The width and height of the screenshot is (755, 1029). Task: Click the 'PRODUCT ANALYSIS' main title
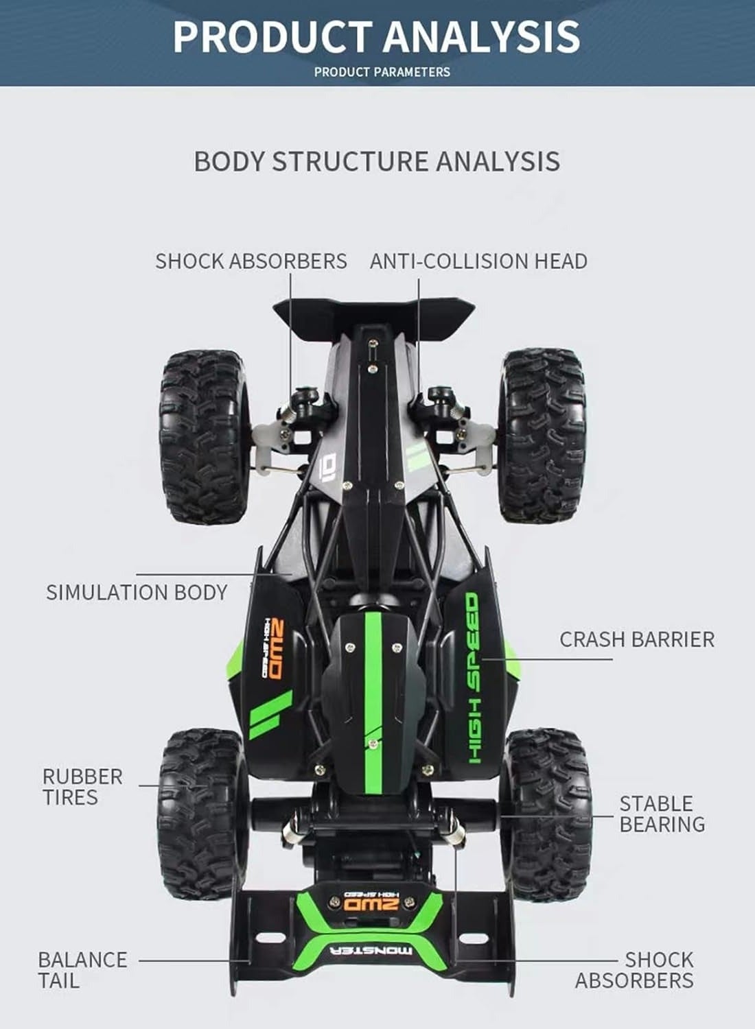pos(376,37)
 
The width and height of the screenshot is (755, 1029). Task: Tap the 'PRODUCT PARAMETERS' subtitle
pos(382,71)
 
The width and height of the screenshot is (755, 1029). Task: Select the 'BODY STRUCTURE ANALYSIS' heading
pos(377,161)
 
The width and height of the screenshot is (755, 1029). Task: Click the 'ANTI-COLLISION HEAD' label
pos(478,261)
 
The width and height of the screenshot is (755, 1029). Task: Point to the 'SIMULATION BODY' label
pos(137,592)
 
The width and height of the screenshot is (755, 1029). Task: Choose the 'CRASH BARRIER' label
pos(637,639)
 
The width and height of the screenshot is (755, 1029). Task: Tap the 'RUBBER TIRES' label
pos(83,786)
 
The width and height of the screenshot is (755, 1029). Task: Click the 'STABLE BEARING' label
pos(662,814)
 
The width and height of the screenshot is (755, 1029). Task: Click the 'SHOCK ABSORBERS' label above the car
pos(251,261)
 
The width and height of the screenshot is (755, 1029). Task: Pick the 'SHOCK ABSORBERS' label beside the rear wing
pos(635,969)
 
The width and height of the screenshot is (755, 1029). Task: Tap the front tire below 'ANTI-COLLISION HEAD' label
pos(543,436)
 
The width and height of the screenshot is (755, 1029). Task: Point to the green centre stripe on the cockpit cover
pos(373,703)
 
